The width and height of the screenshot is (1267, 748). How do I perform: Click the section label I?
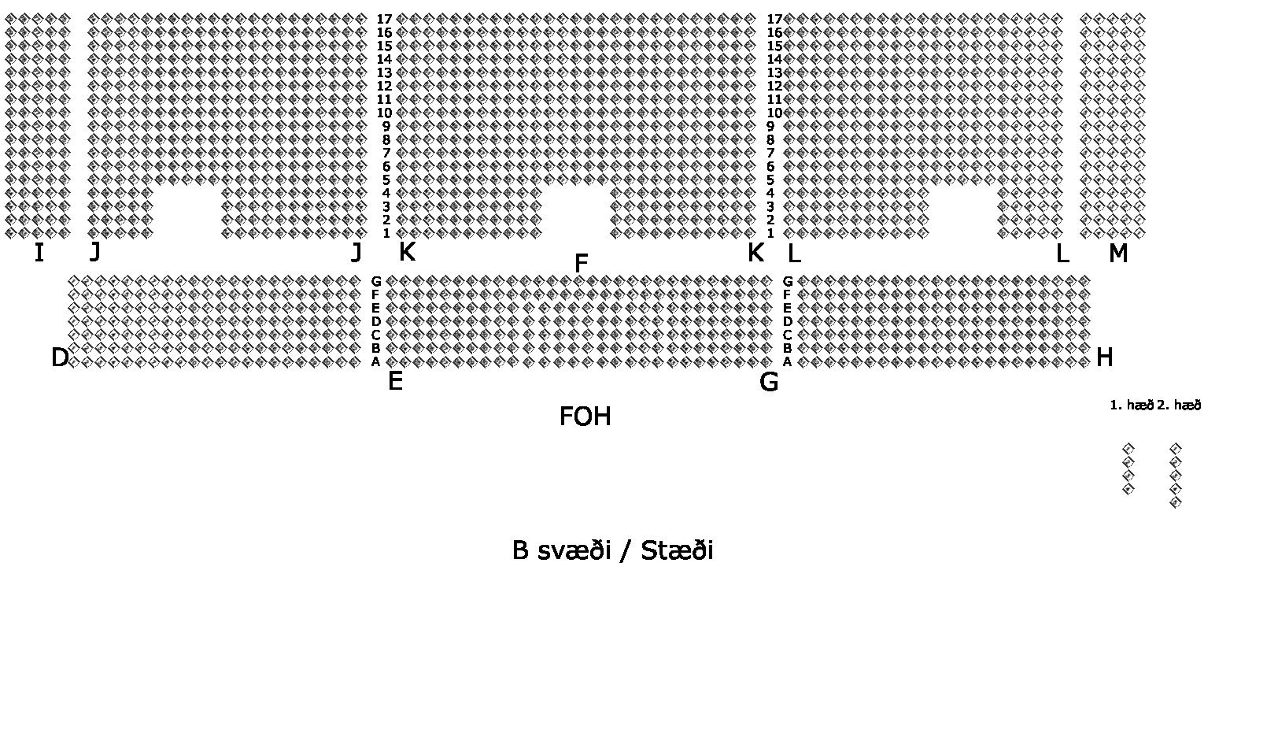39,253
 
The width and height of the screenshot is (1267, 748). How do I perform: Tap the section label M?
1117,254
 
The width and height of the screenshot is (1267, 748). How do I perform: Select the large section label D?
60,357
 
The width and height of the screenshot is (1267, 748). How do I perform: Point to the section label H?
1104,357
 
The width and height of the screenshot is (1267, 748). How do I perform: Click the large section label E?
395,382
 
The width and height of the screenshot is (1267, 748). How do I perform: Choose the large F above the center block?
581,264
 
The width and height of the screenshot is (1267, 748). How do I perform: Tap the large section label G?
769,382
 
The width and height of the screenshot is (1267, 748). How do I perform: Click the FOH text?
585,417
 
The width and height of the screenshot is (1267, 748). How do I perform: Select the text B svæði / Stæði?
612,550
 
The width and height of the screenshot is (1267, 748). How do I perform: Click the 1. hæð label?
1131,405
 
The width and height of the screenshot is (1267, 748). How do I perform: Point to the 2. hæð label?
1179,405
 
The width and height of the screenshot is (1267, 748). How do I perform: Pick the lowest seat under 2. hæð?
1176,503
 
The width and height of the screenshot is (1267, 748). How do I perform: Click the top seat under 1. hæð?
1128,449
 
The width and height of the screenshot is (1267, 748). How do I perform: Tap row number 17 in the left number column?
384,19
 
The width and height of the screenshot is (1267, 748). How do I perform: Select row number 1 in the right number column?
770,233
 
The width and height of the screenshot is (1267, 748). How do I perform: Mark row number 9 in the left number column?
386,126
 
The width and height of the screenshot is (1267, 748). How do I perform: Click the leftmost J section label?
95,253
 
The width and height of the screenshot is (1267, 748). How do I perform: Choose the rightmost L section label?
1062,254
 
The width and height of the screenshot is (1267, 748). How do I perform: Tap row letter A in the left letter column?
376,361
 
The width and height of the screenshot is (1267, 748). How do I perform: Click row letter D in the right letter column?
787,321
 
